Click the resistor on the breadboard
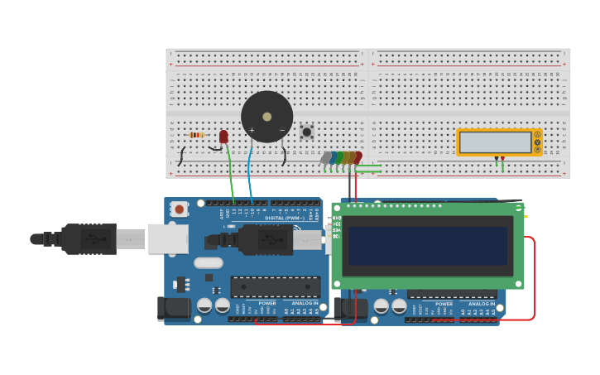coord(196,135)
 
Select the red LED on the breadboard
coord(223,137)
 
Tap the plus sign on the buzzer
coord(252,130)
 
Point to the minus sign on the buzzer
coord(282,130)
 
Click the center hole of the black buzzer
coord(266,117)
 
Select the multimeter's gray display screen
coord(496,142)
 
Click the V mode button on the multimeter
coord(537,142)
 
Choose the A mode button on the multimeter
coord(537,134)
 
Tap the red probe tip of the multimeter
coord(502,159)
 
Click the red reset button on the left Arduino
coord(180,209)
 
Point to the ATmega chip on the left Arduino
coord(275,286)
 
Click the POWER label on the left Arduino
coord(267,303)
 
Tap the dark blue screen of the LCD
coord(427,246)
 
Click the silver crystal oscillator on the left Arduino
coord(209,262)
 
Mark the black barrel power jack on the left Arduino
coord(174,309)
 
